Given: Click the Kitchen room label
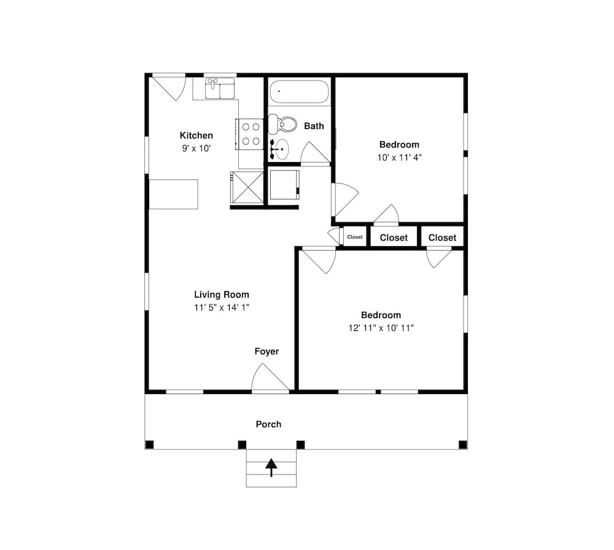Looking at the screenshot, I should (196, 136).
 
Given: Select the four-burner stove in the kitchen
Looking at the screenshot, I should (250, 134).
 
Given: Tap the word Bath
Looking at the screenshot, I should (314, 126).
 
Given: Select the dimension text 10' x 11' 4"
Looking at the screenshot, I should (399, 157).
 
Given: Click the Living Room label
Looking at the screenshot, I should (222, 295).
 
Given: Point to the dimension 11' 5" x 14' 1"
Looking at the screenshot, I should (222, 308).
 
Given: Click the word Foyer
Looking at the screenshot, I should (266, 352).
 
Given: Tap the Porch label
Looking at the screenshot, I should (268, 424).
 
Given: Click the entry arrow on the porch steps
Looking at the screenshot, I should (271, 468).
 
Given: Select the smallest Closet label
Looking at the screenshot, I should (355, 237).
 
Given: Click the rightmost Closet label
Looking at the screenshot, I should (442, 238).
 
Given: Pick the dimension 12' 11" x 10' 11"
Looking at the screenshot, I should (381, 328).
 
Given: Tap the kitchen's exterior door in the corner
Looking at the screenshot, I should (169, 86).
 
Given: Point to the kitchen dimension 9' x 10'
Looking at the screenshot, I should (196, 149).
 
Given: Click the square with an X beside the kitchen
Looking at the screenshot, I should (247, 187).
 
